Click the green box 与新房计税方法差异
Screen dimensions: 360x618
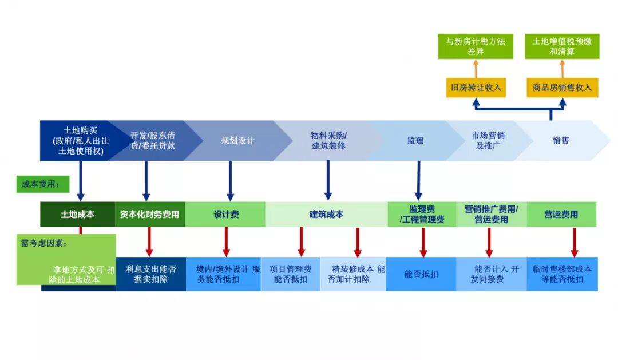(476, 46)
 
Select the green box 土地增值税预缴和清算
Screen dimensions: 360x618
(562, 46)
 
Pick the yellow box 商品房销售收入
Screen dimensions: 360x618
(562, 88)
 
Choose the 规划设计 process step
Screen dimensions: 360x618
(237, 140)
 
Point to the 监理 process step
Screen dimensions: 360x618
(415, 140)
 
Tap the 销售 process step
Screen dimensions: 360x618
(561, 140)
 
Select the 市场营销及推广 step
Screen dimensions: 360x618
(488, 140)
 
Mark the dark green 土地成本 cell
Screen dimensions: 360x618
(77, 215)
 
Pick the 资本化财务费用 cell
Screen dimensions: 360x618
(149, 215)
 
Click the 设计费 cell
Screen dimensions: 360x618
(226, 215)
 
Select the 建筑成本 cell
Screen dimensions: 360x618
(326, 215)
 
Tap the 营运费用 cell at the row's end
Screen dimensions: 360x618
(561, 215)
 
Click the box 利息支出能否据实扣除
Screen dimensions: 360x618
(150, 274)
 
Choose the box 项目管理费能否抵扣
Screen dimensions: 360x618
(290, 274)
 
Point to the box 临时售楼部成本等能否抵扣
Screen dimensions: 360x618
(562, 274)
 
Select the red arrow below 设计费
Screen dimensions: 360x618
(226, 242)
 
